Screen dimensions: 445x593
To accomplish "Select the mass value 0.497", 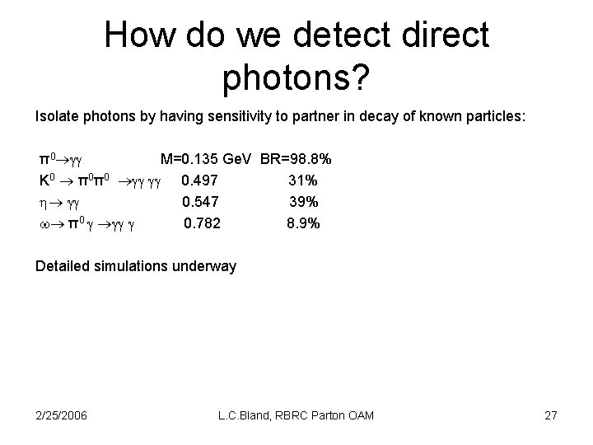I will click(199, 180).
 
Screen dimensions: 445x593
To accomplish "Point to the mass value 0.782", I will click(202, 222).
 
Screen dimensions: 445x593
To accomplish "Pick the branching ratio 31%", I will click(303, 180).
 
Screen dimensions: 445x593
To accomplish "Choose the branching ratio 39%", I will click(303, 201).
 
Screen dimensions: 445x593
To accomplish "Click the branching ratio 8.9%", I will click(303, 222).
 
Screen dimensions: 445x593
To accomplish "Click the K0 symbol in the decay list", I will click(46, 180).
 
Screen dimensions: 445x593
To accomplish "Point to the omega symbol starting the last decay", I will click(44, 223).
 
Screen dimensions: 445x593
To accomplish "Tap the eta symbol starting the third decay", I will click(43, 202).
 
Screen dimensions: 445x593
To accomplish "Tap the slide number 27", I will click(550, 415).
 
